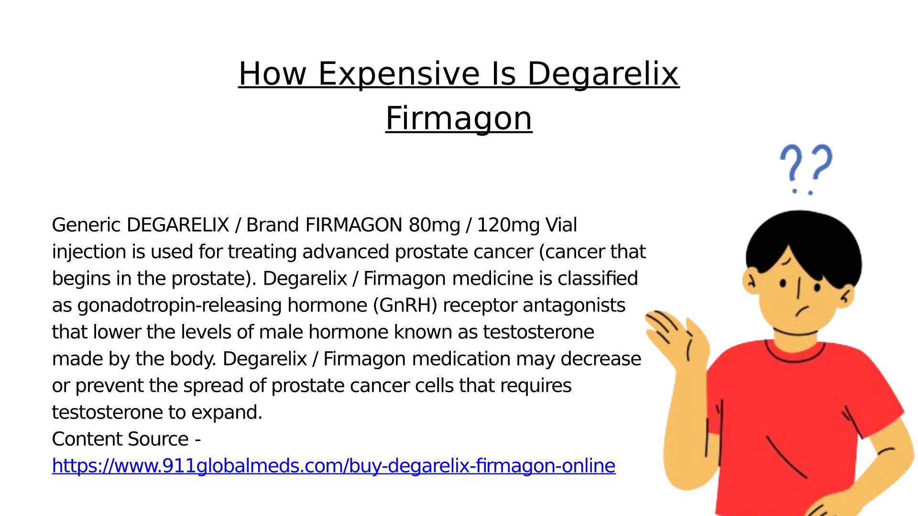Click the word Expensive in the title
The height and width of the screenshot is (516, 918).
pyautogui.click(x=399, y=75)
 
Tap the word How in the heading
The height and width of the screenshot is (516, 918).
pyautogui.click(x=273, y=74)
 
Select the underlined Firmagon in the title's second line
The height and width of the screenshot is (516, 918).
pyautogui.click(x=459, y=118)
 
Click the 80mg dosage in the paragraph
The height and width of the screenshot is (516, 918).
pyautogui.click(x=434, y=226)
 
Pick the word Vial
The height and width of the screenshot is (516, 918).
pyautogui.click(x=561, y=225)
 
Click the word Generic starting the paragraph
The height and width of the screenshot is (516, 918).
pyautogui.click(x=86, y=225)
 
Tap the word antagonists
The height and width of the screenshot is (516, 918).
pyautogui.click(x=574, y=306)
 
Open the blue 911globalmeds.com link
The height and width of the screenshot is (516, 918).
pyautogui.click(x=334, y=466)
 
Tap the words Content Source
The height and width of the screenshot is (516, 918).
pyautogui.click(x=120, y=439)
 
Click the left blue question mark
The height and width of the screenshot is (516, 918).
pyautogui.click(x=791, y=169)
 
